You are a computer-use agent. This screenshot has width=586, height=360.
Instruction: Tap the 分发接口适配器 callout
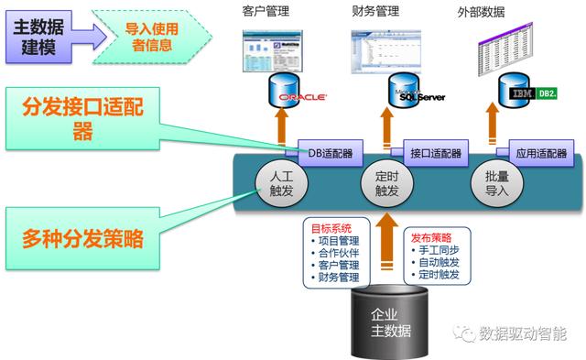[x=82, y=120]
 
